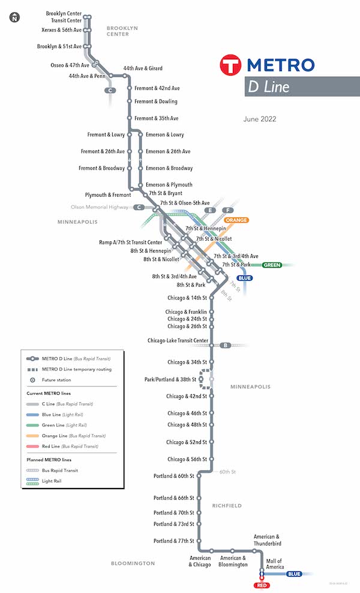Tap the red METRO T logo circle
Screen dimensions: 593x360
[231, 65]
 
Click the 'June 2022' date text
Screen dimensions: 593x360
[260, 119]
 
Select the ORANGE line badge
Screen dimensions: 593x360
[237, 220]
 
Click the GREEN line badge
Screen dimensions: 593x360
[272, 265]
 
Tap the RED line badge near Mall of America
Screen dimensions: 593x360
[261, 585]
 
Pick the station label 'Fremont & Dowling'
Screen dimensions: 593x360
[155, 102]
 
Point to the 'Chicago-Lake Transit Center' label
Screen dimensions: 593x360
[178, 341]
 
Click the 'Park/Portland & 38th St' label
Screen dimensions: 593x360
[170, 380]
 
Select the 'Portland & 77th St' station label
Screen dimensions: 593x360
[174, 541]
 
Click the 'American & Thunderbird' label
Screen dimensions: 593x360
[267, 540]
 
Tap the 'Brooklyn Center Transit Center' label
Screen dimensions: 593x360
[64, 17]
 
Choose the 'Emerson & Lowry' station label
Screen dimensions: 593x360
[164, 135]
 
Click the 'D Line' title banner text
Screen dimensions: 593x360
[268, 87]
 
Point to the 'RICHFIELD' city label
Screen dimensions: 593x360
[227, 506]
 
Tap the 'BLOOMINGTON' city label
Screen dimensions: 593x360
[133, 564]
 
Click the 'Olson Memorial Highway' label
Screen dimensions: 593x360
[99, 207]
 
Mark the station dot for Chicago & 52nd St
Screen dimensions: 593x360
[211, 442]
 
